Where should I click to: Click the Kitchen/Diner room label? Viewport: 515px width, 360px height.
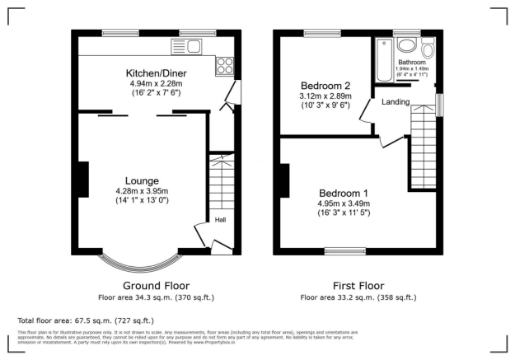[156, 72]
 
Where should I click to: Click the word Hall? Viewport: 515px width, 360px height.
[221, 220]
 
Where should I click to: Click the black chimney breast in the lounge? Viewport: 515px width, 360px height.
[83, 179]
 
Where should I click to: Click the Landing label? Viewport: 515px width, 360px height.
[396, 101]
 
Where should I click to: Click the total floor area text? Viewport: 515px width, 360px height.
[86, 320]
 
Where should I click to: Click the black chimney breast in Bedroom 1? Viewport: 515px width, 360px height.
[284, 181]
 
